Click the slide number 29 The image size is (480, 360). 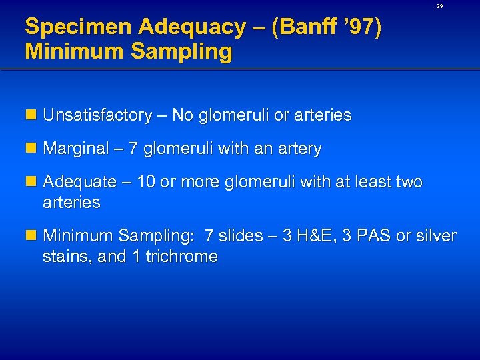coord(439,6)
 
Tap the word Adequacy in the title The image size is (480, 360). coord(166,28)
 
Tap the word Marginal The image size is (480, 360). coord(75,149)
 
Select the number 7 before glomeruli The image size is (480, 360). coord(133,149)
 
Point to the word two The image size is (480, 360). coord(408,182)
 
